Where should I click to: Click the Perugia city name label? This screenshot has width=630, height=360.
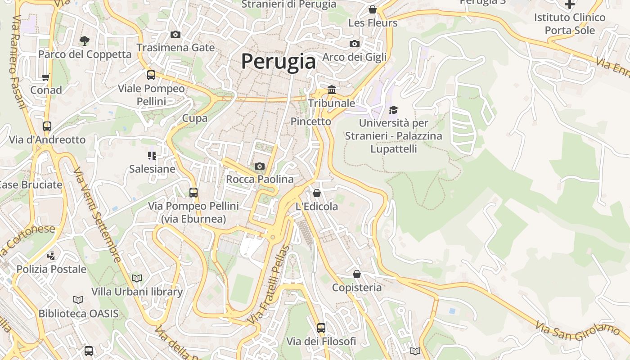pyautogui.click(x=279, y=61)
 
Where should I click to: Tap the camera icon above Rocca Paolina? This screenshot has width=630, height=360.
pyautogui.click(x=259, y=166)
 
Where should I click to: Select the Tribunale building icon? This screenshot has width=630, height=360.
pyautogui.click(x=332, y=90)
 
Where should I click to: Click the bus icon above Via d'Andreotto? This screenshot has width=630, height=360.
pyautogui.click(x=47, y=126)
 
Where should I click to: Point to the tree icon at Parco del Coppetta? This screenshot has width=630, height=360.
pyautogui.click(x=84, y=41)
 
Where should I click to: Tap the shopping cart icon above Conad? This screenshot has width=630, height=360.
pyautogui.click(x=45, y=77)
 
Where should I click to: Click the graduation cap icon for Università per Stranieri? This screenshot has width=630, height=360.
pyautogui.click(x=394, y=110)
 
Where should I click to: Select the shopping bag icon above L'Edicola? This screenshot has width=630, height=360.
pyautogui.click(x=317, y=193)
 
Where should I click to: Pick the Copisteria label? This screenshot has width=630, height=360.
pyautogui.click(x=357, y=287)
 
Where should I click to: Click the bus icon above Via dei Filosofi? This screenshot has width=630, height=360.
pyautogui.click(x=321, y=328)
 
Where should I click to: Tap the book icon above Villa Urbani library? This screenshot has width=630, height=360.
pyautogui.click(x=137, y=278)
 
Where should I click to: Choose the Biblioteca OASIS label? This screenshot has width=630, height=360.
pyautogui.click(x=78, y=313)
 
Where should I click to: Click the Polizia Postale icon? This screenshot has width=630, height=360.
pyautogui.click(x=51, y=256)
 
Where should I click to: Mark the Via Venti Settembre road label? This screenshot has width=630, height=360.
pyautogui.click(x=97, y=215)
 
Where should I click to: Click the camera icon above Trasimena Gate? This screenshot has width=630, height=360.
pyautogui.click(x=175, y=35)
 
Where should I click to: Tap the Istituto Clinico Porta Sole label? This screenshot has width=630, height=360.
pyautogui.click(x=570, y=24)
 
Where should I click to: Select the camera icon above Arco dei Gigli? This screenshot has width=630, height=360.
pyautogui.click(x=355, y=44)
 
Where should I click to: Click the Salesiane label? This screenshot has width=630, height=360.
pyautogui.click(x=152, y=169)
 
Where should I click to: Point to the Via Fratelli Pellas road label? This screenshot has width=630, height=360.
pyautogui.click(x=269, y=284)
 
